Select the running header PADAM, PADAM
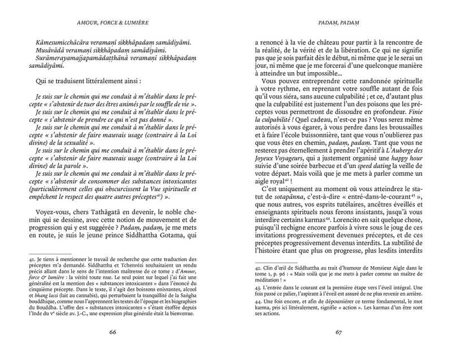(340, 23)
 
